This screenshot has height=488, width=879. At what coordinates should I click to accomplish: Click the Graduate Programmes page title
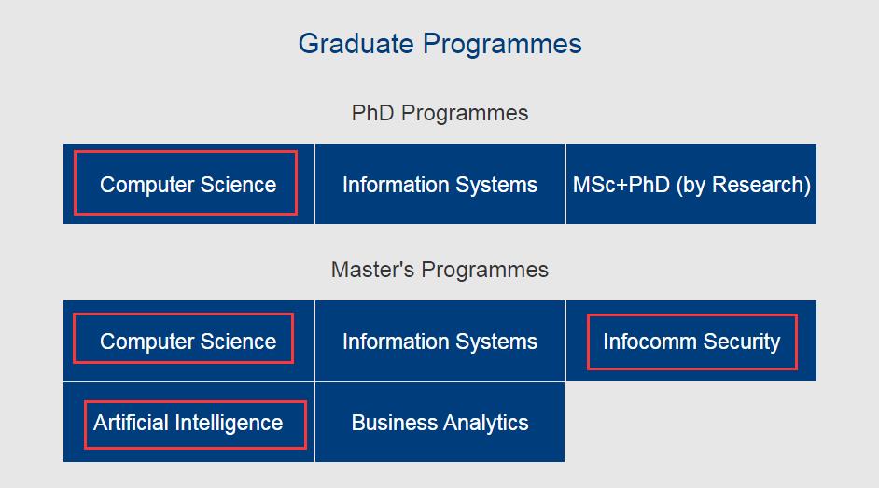(x=439, y=44)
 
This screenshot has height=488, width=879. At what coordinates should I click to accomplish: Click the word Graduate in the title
(x=356, y=44)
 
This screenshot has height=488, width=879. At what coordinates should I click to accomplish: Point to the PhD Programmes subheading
(x=439, y=113)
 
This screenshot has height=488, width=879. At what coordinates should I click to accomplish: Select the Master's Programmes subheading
(x=439, y=270)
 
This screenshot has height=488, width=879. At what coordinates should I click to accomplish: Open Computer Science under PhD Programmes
(x=188, y=184)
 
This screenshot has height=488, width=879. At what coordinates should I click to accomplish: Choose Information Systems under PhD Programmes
(x=440, y=184)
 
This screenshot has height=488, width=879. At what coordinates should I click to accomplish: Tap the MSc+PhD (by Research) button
(x=691, y=184)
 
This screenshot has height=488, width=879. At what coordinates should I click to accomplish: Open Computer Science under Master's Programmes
(x=188, y=341)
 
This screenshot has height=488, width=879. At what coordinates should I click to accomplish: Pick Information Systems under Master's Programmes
(x=440, y=341)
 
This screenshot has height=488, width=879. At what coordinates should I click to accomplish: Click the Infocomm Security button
(x=691, y=341)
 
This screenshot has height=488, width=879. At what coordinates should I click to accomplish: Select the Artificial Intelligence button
(x=188, y=422)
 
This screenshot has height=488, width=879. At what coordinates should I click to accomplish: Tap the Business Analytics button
(x=440, y=422)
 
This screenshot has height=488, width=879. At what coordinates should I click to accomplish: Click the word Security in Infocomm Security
(x=742, y=342)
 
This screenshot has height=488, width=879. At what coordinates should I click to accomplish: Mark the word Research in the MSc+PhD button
(x=759, y=185)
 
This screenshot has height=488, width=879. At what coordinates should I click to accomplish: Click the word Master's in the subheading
(x=373, y=270)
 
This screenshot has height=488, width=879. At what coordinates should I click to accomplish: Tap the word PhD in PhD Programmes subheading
(x=373, y=113)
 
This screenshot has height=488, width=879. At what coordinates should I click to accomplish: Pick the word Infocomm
(x=649, y=342)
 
